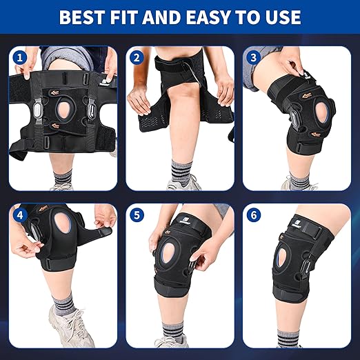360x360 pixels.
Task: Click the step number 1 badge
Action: tap(20, 57)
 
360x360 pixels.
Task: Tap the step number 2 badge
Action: tap(137, 57)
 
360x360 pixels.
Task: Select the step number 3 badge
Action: tap(253, 57)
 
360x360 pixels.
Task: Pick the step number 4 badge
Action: tap(20, 215)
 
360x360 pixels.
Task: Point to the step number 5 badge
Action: tap(137, 215)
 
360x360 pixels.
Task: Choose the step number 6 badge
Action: tap(253, 215)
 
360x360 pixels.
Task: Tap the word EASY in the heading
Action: tap(208, 17)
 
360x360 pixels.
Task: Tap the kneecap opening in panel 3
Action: tap(323, 113)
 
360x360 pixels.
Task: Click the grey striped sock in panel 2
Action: tap(181, 171)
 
